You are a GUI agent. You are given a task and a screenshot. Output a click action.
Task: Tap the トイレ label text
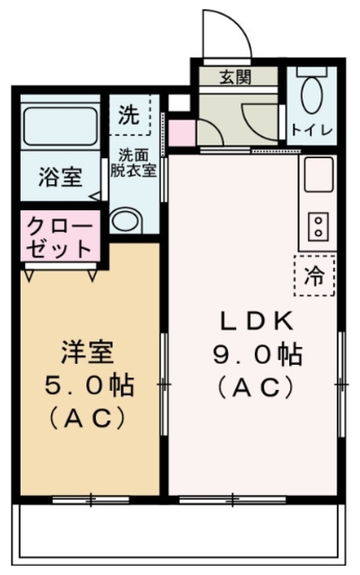[x=312, y=130]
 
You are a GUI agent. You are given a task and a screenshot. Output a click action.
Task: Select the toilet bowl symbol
[x=312, y=93]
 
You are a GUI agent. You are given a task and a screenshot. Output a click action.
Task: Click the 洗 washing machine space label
[x=130, y=115]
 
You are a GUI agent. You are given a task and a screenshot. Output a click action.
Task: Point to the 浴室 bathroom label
[x=60, y=177]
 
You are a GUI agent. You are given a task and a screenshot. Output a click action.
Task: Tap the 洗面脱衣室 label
[x=134, y=163]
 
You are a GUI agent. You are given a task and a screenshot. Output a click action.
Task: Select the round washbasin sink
[x=127, y=221]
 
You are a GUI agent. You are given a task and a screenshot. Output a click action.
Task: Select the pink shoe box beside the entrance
[x=180, y=132]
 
